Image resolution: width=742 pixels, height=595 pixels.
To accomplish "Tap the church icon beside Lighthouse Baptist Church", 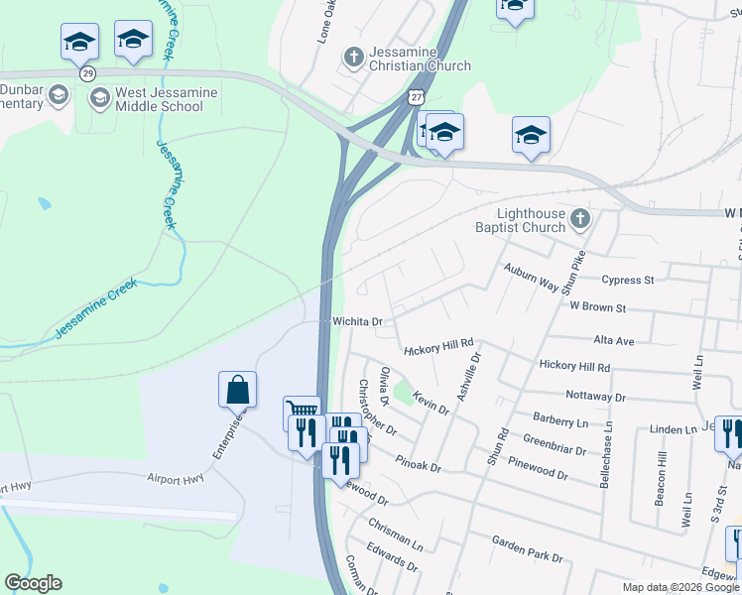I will [x=581, y=216].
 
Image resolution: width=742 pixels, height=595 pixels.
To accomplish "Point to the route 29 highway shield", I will [x=88, y=74].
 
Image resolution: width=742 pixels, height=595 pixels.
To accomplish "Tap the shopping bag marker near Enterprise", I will [x=238, y=389].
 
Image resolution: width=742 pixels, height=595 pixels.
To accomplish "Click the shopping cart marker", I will [x=302, y=412].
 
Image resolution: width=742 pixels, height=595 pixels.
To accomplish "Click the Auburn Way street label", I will [x=530, y=275].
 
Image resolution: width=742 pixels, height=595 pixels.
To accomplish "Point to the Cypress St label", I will [x=628, y=280].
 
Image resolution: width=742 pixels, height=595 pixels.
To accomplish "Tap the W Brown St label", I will [x=599, y=307].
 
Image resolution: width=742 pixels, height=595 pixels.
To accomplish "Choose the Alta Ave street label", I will [x=613, y=340].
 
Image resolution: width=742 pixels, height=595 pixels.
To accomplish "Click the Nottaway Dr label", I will [x=593, y=396].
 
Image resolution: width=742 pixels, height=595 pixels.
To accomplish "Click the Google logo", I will [x=33, y=583].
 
